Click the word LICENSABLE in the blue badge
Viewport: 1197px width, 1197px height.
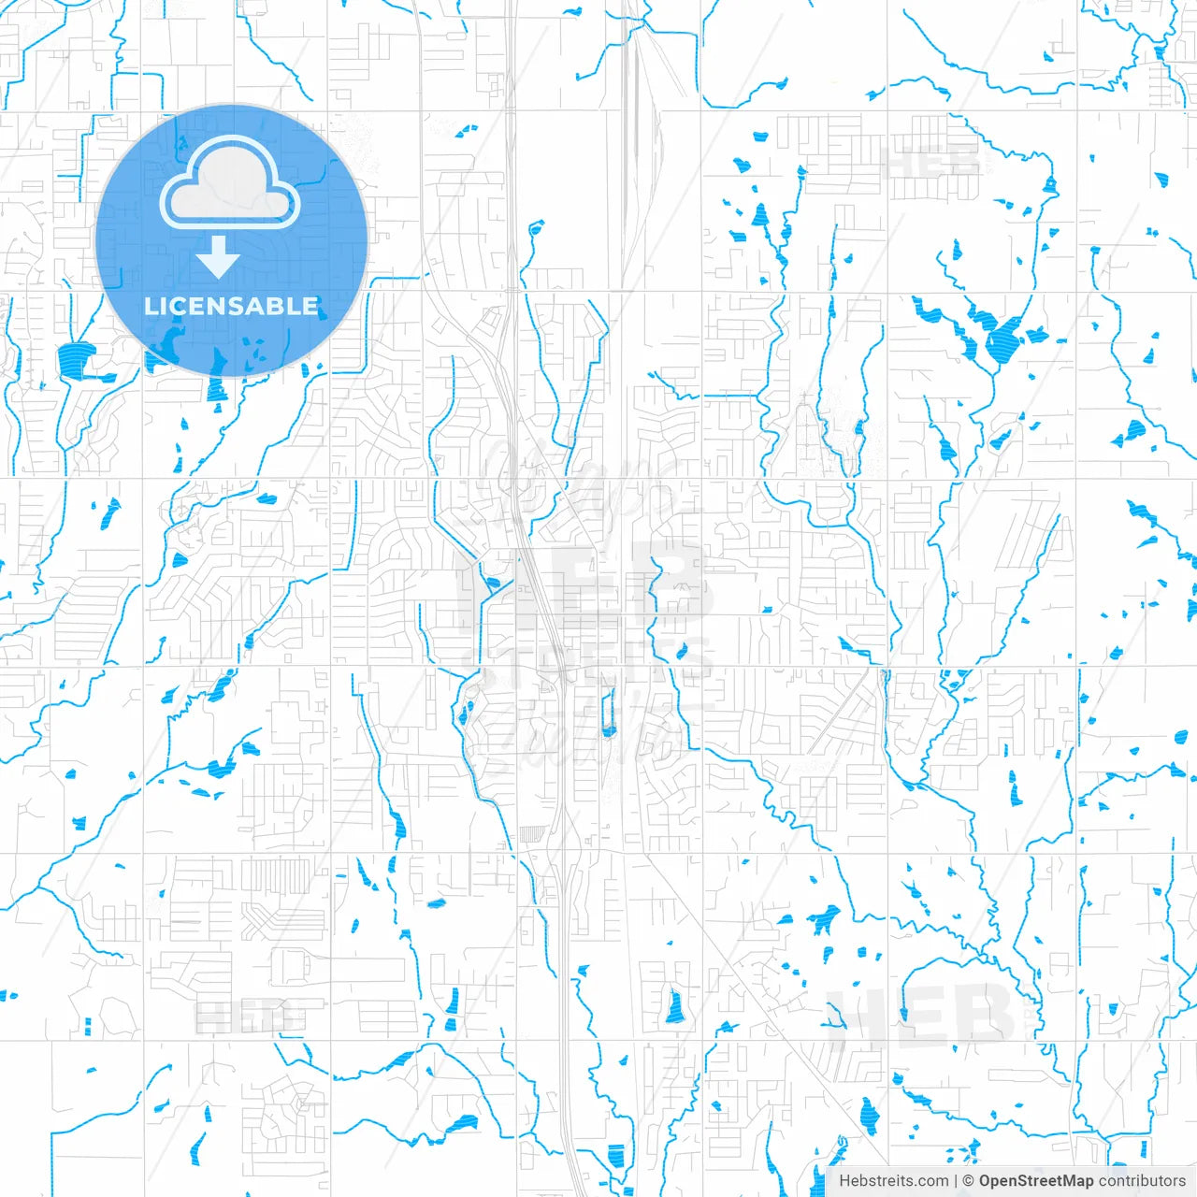pos(231,307)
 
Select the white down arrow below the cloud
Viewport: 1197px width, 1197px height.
pos(218,257)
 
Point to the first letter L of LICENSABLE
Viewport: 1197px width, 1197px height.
pos(151,307)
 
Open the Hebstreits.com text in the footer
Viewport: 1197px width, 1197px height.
pos(893,1181)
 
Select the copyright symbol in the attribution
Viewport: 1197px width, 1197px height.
pos(969,1181)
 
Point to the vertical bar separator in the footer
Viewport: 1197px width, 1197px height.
pos(955,1181)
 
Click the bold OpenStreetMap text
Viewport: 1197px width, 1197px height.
pos(1036,1181)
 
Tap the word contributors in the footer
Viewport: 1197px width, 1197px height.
pos(1142,1181)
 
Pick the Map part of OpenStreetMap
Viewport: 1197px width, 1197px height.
pos(1075,1181)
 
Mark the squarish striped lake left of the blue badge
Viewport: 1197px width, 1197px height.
pos(75,359)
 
